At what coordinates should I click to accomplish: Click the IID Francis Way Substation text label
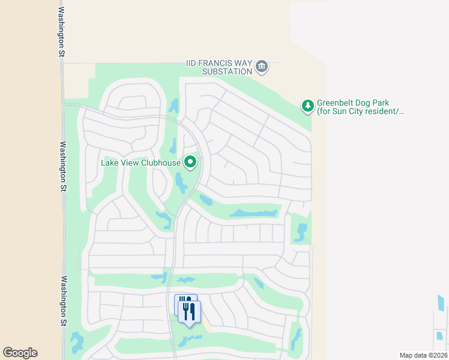coord(218,67)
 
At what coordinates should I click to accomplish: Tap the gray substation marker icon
coord(261,66)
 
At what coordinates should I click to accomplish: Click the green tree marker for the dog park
coord(307,106)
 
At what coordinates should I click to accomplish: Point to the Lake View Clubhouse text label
coord(141,162)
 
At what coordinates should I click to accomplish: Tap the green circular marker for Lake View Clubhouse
coord(190,162)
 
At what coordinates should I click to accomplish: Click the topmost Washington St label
coord(62,32)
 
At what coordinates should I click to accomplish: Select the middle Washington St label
coord(62,166)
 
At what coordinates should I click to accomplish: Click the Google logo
coord(20,353)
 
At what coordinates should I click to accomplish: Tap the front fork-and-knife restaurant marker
coord(190,312)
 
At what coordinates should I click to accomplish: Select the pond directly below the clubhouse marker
coord(181,183)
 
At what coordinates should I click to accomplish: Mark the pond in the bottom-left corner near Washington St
coord(76,343)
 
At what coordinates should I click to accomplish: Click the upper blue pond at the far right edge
coord(442,304)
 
